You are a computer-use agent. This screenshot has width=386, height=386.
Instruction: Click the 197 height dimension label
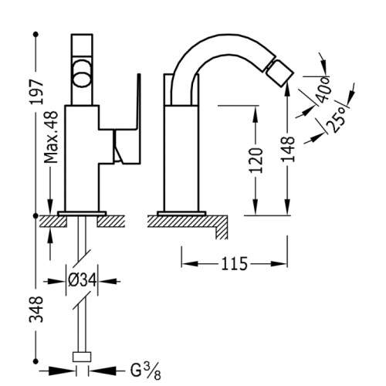coord(36,92)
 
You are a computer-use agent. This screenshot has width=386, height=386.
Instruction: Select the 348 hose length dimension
coord(36,310)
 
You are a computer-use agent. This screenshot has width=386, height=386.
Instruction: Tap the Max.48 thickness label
coord(51,137)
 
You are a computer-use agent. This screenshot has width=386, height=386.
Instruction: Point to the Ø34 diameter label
coord(82,280)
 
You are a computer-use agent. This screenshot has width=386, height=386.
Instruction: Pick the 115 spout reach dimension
coord(234,264)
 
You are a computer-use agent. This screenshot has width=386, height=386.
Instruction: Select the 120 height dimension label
coord(256,160)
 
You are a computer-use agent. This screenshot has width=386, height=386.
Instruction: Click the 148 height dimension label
coord(288,149)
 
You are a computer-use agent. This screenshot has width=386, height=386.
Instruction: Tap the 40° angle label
coord(323,90)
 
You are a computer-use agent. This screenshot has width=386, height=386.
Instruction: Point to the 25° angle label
coord(337,120)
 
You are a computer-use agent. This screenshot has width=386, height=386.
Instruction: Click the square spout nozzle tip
coord(279,72)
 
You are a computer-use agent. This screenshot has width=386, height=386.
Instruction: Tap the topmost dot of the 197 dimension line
coord(36,34)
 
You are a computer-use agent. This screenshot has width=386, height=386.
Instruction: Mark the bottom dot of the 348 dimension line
coord(36,361)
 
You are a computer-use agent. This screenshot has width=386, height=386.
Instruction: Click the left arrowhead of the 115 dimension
coord(190,264)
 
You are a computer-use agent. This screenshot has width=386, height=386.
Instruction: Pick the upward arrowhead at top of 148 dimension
coord(288,91)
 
